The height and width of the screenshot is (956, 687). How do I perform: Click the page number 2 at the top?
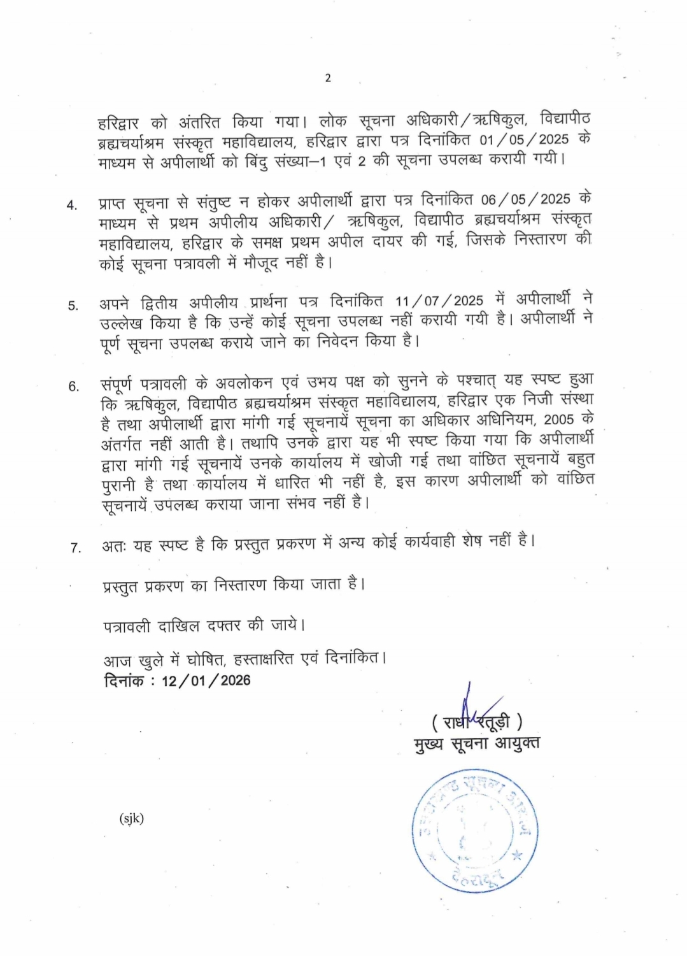(328, 78)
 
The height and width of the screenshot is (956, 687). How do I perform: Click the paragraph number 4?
(72, 205)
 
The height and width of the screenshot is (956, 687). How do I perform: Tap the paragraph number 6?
(74, 387)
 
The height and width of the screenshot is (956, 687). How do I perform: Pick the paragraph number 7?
(75, 547)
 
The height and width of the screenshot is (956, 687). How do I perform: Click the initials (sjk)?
(131, 818)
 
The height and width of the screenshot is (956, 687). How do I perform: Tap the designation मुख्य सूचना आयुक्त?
(476, 743)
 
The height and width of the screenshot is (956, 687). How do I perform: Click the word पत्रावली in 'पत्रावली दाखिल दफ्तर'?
(127, 626)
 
